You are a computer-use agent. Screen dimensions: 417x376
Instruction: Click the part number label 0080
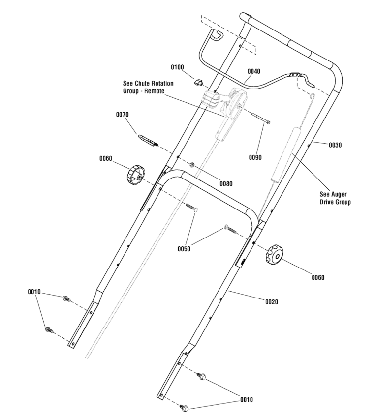[226, 183]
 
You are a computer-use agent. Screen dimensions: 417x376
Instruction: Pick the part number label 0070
[122, 115]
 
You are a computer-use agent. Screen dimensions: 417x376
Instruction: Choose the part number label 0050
[184, 249]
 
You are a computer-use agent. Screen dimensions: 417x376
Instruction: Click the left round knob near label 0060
[135, 175]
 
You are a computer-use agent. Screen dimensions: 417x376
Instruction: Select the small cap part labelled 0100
[199, 82]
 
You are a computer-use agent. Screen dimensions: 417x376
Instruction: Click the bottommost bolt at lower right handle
[184, 407]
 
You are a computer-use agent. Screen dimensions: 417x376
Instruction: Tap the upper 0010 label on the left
[34, 292]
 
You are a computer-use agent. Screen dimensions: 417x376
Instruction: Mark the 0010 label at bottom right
[247, 400]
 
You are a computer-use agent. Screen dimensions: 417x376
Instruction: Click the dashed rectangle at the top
[228, 34]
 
